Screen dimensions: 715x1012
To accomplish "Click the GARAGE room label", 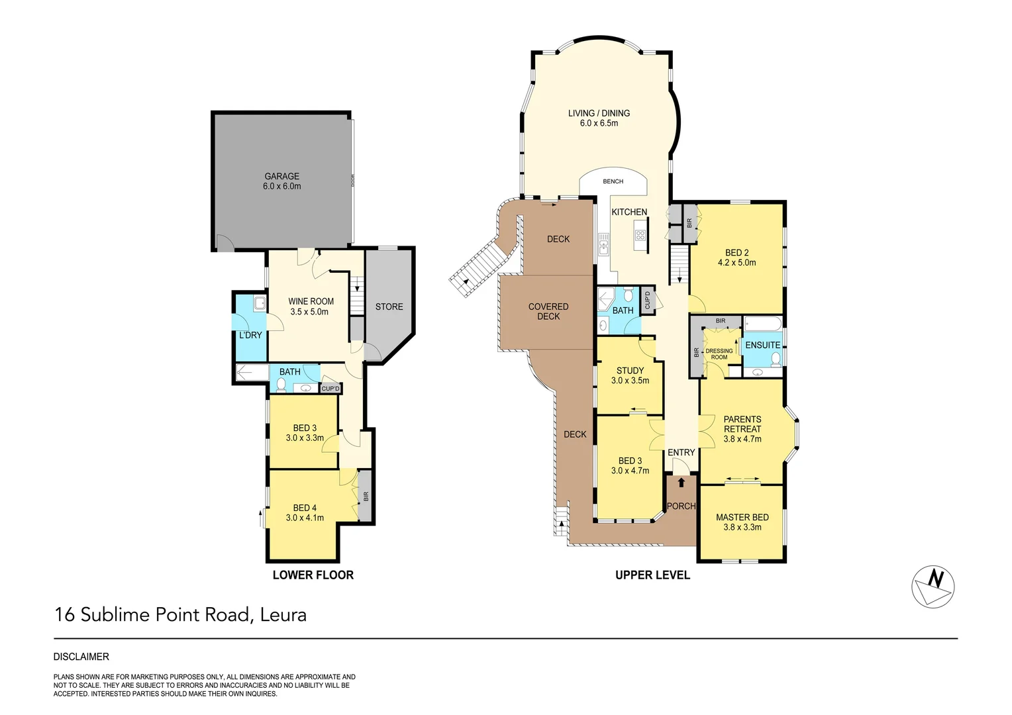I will click(281, 176).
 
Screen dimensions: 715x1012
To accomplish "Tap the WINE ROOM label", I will click(311, 301).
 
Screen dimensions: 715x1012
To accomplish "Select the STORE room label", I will click(389, 307).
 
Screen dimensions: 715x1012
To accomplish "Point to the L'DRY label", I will click(250, 335).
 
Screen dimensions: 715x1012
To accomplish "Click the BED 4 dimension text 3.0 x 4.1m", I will click(305, 518).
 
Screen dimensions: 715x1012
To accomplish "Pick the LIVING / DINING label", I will click(599, 113).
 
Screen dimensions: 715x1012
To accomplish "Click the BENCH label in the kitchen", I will click(613, 181).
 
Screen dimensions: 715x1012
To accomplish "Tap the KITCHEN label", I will click(629, 212).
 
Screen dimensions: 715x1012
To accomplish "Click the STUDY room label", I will click(630, 371).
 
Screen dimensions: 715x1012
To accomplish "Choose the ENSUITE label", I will click(762, 345).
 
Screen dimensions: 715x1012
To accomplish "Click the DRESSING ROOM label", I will click(719, 354).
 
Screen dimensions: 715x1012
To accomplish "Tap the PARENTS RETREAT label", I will click(742, 424).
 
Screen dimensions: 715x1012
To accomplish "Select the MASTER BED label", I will click(742, 517).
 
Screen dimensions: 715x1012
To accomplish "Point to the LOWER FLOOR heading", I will click(313, 575).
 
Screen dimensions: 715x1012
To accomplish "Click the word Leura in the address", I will click(283, 615).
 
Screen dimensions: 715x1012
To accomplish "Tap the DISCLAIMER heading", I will click(81, 657).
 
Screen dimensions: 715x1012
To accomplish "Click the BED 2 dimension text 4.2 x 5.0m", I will click(736, 263).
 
